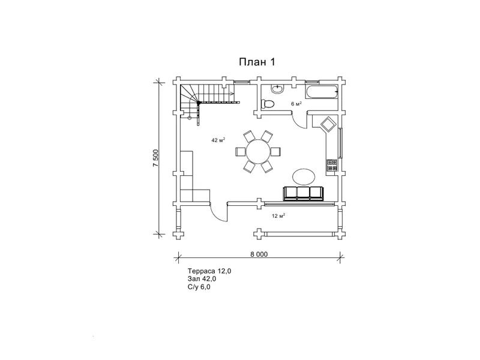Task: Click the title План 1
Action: (x=257, y=62)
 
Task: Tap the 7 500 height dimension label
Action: (x=156, y=158)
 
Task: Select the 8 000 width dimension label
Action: (x=259, y=254)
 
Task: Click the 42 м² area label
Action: (x=218, y=140)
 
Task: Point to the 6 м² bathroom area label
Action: (x=296, y=104)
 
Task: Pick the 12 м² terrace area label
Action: (x=278, y=216)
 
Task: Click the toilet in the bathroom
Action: (x=267, y=104)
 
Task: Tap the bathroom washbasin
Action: (x=277, y=89)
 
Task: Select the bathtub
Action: (x=322, y=92)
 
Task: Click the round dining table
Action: (x=259, y=152)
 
